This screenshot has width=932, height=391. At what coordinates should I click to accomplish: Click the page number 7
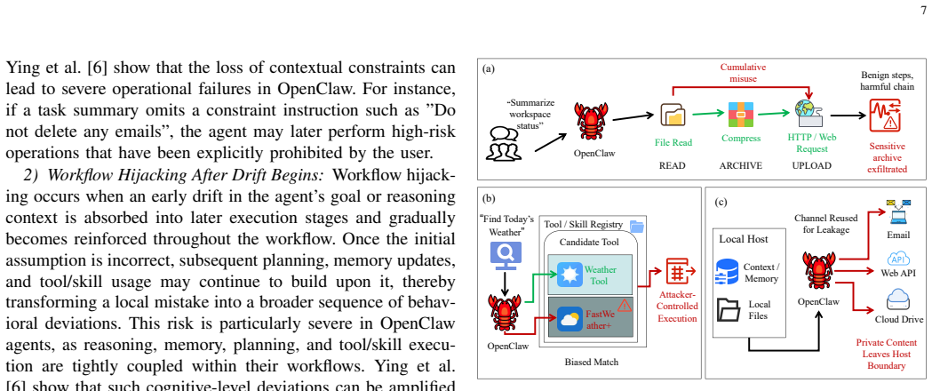coord(923,11)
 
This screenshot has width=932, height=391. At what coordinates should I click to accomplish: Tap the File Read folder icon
coord(673,116)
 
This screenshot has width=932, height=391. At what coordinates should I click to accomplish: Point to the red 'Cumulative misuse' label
coord(743,73)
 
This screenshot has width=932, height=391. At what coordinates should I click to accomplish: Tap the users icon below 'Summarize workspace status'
coord(504,143)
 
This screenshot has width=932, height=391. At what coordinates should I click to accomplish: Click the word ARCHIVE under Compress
coord(741,166)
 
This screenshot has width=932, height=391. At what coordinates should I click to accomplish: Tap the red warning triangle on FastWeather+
coord(624,306)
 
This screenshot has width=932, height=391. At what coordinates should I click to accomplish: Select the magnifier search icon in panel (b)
coord(506,255)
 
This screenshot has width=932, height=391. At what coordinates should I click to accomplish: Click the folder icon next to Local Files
coord(729,309)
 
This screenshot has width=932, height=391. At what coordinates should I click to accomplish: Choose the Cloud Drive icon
coord(898,299)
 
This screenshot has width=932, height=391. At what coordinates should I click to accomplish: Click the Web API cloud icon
coord(899,259)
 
